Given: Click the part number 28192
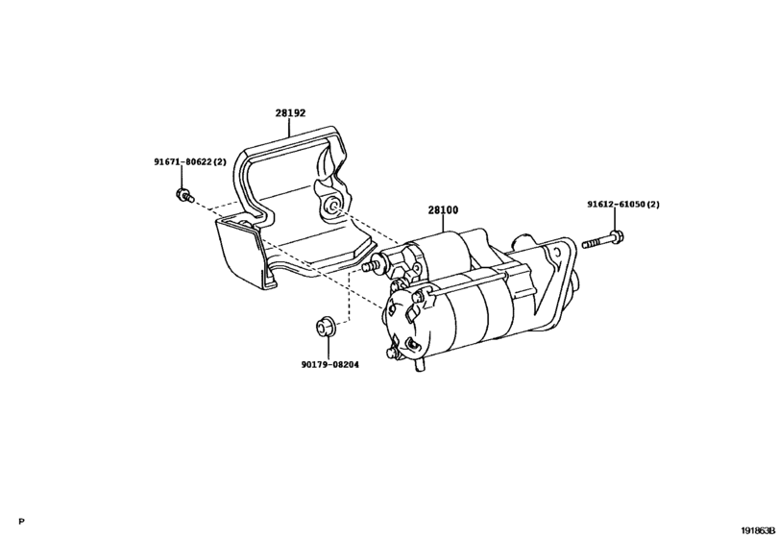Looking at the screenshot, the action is pos(291,113).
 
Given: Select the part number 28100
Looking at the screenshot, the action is pos(443,210).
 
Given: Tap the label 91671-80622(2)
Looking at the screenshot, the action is pos(190,162).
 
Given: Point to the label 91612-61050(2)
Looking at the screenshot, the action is pos(623,205).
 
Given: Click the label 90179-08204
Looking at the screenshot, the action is pos(329,365).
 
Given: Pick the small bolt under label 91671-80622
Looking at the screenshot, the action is pos(184,195).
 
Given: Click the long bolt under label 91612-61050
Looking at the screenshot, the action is pos(603,239).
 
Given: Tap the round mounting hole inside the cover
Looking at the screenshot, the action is pos(332,207).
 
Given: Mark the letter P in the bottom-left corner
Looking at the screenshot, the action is pos(21,522).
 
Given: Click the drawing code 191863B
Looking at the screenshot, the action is pos(759,530).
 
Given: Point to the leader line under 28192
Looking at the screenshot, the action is pos(289,128).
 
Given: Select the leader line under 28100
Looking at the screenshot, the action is pos(443,224).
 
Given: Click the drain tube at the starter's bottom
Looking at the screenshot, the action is pos(420,366).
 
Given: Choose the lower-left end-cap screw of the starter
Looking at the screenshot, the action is pos(391,354).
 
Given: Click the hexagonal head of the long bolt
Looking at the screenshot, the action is pos(617,236).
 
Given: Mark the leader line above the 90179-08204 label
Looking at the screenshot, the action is pos(328,347).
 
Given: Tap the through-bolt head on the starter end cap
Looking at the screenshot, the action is pos(418,297).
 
